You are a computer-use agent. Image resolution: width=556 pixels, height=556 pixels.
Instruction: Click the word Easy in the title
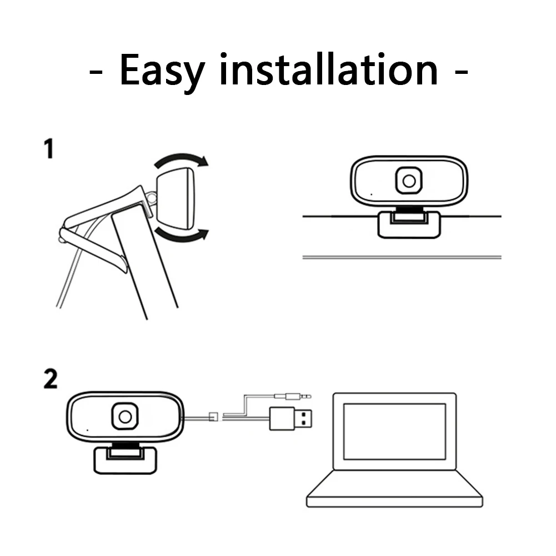[161, 70]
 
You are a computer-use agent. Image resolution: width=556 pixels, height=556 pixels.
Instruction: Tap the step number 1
[49, 149]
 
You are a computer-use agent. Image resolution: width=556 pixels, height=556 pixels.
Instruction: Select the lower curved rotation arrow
[181, 236]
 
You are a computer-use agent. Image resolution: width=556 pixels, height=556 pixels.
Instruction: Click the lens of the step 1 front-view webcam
[409, 181]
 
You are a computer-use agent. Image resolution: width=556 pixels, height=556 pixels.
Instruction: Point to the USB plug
[290, 418]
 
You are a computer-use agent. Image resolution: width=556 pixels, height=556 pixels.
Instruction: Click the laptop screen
[394, 431]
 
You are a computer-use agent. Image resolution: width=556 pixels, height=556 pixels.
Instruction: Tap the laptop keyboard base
[394, 489]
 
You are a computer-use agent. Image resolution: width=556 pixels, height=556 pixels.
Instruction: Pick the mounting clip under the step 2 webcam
[124, 459]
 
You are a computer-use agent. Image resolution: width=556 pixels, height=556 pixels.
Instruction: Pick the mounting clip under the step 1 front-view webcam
[409, 224]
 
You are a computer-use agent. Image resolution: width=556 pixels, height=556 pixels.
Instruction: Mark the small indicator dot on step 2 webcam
[87, 429]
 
